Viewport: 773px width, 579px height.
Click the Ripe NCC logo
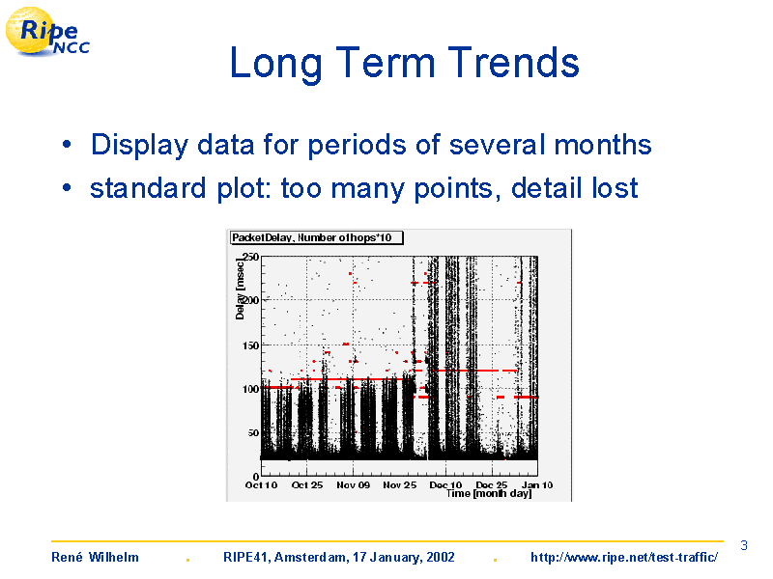pos(47,32)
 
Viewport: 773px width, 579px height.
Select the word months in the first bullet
pos(603,145)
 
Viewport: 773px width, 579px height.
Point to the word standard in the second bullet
pos(148,188)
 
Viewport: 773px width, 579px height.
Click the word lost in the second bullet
pos(615,188)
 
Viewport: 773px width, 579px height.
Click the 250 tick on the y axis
pos(250,257)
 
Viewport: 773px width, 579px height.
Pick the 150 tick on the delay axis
pos(250,345)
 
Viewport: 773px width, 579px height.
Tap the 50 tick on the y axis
pos(253,432)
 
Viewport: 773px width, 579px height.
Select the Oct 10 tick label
pos(261,485)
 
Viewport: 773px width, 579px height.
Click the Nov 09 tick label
pos(353,485)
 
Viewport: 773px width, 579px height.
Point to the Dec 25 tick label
pos(492,485)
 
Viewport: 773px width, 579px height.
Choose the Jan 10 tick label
pos(537,485)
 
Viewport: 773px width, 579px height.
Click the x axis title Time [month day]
pos(489,494)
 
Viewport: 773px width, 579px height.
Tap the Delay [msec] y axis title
pos(240,289)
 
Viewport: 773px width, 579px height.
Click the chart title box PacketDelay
pos(317,237)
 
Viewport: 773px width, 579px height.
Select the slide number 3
pos(744,545)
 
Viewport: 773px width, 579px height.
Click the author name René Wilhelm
pos(95,558)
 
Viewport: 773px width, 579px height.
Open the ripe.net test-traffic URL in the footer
pos(624,558)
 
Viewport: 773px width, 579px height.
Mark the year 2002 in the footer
pos(441,558)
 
